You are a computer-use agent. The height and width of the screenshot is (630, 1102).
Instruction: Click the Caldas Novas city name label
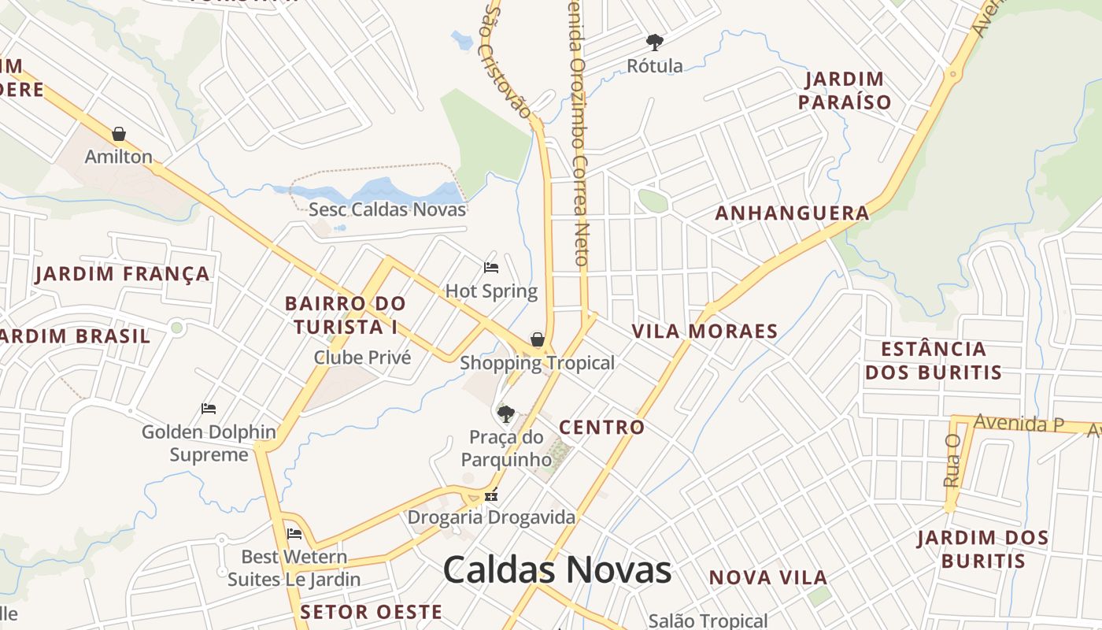click(x=557, y=570)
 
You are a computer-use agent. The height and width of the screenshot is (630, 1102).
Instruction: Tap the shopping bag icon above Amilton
click(x=119, y=134)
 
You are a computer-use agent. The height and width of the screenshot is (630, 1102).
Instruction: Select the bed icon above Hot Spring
click(x=491, y=268)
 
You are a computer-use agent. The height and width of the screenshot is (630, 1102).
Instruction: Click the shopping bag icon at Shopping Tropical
click(x=538, y=339)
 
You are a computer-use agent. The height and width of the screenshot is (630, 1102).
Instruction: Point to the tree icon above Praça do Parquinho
click(x=506, y=413)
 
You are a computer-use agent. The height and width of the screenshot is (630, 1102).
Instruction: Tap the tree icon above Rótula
click(x=654, y=42)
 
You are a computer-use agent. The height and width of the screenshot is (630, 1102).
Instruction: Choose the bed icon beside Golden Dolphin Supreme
click(x=209, y=409)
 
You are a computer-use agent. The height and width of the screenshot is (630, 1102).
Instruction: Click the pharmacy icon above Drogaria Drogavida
click(x=491, y=496)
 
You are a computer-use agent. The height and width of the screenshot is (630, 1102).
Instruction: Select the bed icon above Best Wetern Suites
click(x=294, y=534)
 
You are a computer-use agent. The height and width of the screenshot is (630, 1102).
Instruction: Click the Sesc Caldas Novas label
click(x=387, y=209)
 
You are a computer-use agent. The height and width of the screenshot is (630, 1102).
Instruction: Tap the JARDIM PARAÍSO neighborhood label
click(x=845, y=91)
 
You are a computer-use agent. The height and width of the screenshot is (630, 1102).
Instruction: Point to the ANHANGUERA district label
click(x=792, y=213)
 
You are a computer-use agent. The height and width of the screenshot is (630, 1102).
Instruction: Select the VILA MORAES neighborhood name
click(x=705, y=332)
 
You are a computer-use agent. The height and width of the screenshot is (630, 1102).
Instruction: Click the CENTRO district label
click(x=601, y=428)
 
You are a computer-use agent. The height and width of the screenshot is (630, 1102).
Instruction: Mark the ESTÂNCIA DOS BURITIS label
click(x=934, y=361)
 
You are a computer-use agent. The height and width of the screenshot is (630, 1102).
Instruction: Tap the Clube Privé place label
click(x=362, y=358)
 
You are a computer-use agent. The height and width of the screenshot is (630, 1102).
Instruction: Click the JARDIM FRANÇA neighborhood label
click(x=123, y=274)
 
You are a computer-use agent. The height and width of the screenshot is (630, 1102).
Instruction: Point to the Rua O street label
click(x=952, y=460)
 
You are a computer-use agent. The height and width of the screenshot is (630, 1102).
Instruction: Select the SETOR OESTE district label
click(x=372, y=612)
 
